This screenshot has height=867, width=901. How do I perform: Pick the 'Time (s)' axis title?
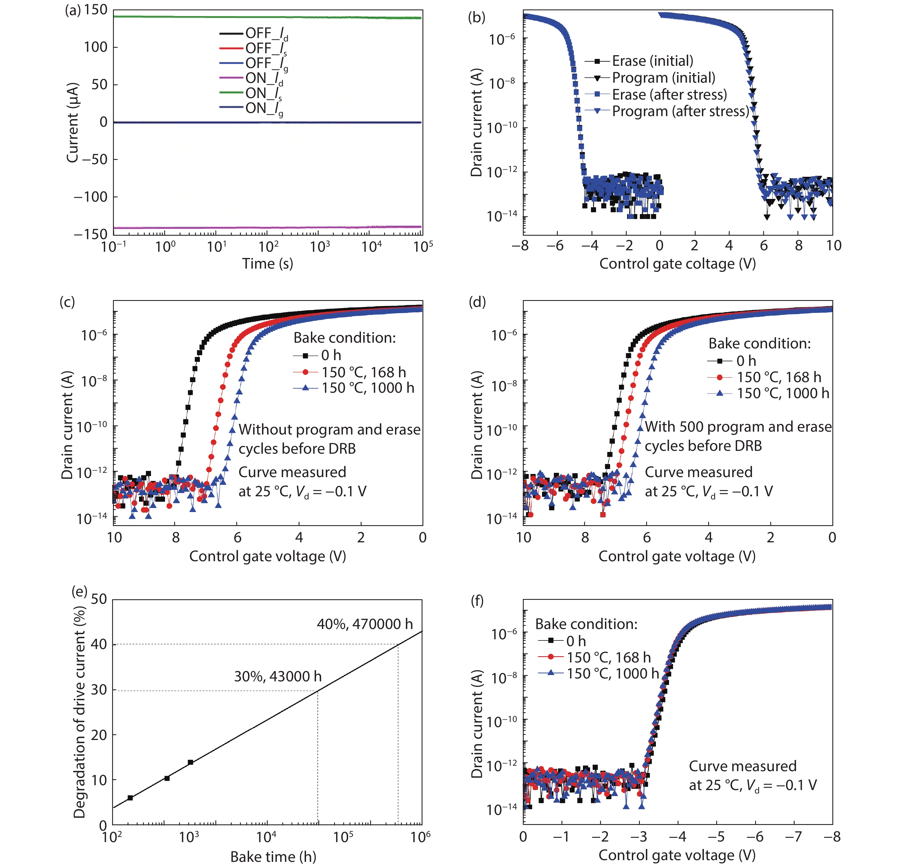pos(267,264)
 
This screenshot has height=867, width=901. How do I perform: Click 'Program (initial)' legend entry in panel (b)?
pos(663,78)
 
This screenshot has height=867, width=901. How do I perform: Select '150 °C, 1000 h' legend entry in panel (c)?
pos(368,388)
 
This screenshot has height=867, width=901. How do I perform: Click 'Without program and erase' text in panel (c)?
pos(329,429)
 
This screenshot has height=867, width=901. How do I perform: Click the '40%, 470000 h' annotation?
pos(364,624)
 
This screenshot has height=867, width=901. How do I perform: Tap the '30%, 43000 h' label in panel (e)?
pos(278,676)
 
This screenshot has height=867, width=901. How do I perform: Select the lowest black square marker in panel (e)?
pos(130,797)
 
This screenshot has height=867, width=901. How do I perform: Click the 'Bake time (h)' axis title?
pos(273,857)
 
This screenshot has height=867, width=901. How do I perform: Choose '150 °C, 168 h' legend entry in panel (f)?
pos(608,657)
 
